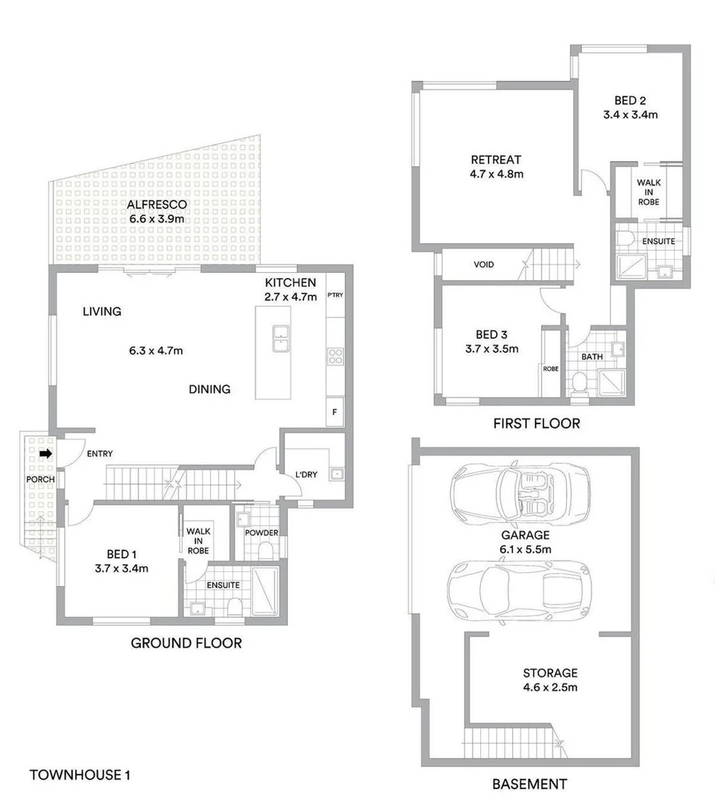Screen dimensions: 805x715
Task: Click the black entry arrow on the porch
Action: (x=45, y=453)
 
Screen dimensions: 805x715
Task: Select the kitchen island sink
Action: (x=281, y=338)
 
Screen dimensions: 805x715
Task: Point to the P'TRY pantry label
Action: (x=334, y=296)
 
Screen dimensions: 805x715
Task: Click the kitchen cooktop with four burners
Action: (x=335, y=357)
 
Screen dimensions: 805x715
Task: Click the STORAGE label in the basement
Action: (x=549, y=672)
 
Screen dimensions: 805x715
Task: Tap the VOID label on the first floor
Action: (x=483, y=265)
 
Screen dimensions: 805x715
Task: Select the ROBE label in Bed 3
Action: (x=551, y=368)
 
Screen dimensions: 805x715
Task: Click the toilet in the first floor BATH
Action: (x=579, y=384)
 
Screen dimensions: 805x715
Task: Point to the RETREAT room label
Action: (x=495, y=160)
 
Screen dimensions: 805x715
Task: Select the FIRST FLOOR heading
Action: (x=536, y=423)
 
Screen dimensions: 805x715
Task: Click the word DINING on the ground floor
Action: (x=209, y=389)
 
